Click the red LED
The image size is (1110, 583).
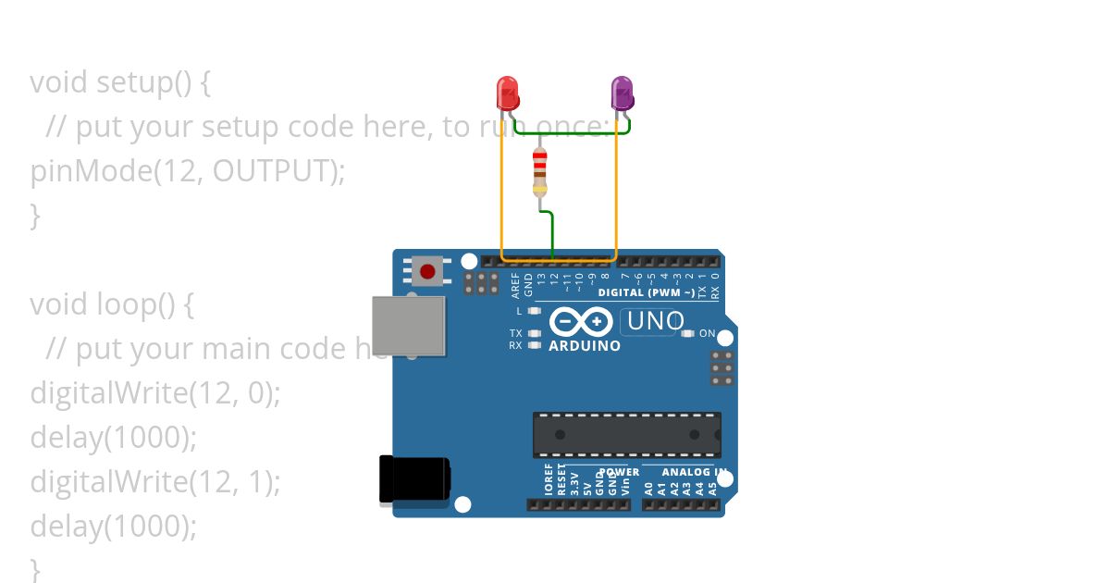click(508, 93)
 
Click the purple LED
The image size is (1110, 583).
click(623, 93)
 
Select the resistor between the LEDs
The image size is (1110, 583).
click(540, 172)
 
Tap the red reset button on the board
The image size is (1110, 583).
click(426, 271)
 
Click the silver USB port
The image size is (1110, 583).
click(408, 326)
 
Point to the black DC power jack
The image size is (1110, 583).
click(414, 480)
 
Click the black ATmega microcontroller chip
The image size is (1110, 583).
click(626, 435)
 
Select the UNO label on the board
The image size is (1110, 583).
click(654, 322)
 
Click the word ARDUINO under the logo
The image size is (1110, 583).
click(585, 346)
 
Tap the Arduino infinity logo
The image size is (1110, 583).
click(581, 322)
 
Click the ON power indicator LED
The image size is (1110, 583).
click(687, 333)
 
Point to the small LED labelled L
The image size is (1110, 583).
click(534, 311)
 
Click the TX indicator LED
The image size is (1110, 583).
click(534, 333)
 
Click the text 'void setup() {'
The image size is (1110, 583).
click(120, 82)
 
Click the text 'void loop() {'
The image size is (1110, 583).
click(111, 304)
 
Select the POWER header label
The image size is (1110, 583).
click(619, 472)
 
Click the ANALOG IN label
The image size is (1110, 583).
click(693, 472)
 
